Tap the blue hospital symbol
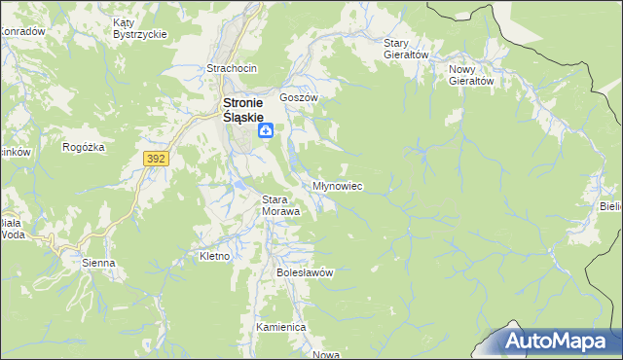(x=265, y=131)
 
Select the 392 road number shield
(x=155, y=157)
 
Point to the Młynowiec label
(x=338, y=185)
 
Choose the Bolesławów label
(x=305, y=272)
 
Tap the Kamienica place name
(x=280, y=327)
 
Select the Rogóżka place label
(x=82, y=148)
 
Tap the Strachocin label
(x=230, y=68)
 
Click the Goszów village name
(x=299, y=98)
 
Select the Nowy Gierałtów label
(x=472, y=75)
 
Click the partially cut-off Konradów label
(x=21, y=31)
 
